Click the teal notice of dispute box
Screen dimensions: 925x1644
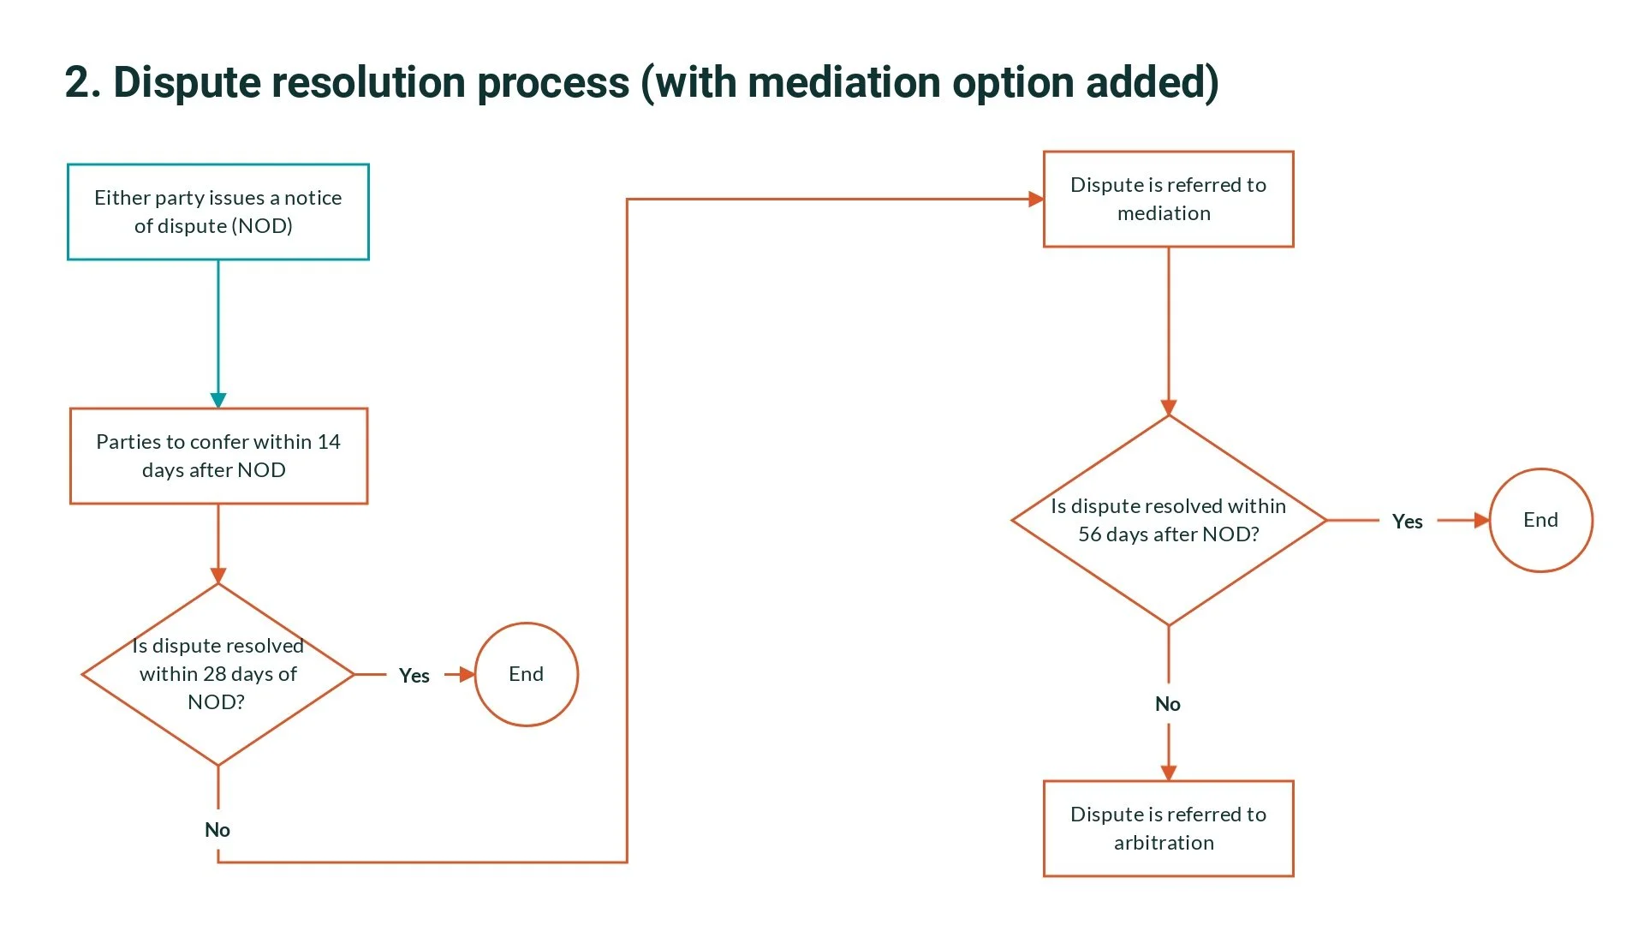(217, 212)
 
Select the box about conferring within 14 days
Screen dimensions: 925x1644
(217, 456)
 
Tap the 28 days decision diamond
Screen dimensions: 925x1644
(217, 674)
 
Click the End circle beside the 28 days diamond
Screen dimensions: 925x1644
(526, 674)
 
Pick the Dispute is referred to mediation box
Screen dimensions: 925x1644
(1168, 199)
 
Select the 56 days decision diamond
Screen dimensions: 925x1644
(1168, 520)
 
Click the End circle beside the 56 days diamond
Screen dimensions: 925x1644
(1540, 520)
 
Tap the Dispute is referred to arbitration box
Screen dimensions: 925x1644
(1168, 828)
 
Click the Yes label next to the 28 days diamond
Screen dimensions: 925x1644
(414, 676)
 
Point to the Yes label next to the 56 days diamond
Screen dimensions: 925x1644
(1407, 522)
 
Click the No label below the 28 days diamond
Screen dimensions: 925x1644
(217, 830)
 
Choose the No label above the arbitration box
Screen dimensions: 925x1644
(1168, 704)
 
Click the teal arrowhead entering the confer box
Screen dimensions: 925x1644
(218, 400)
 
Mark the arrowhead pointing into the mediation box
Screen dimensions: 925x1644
(1035, 200)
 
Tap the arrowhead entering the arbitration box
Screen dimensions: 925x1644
(1169, 773)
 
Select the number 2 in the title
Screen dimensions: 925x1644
(77, 83)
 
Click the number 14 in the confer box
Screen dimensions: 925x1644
(329, 442)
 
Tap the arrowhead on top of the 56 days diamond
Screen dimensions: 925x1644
(1169, 408)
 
